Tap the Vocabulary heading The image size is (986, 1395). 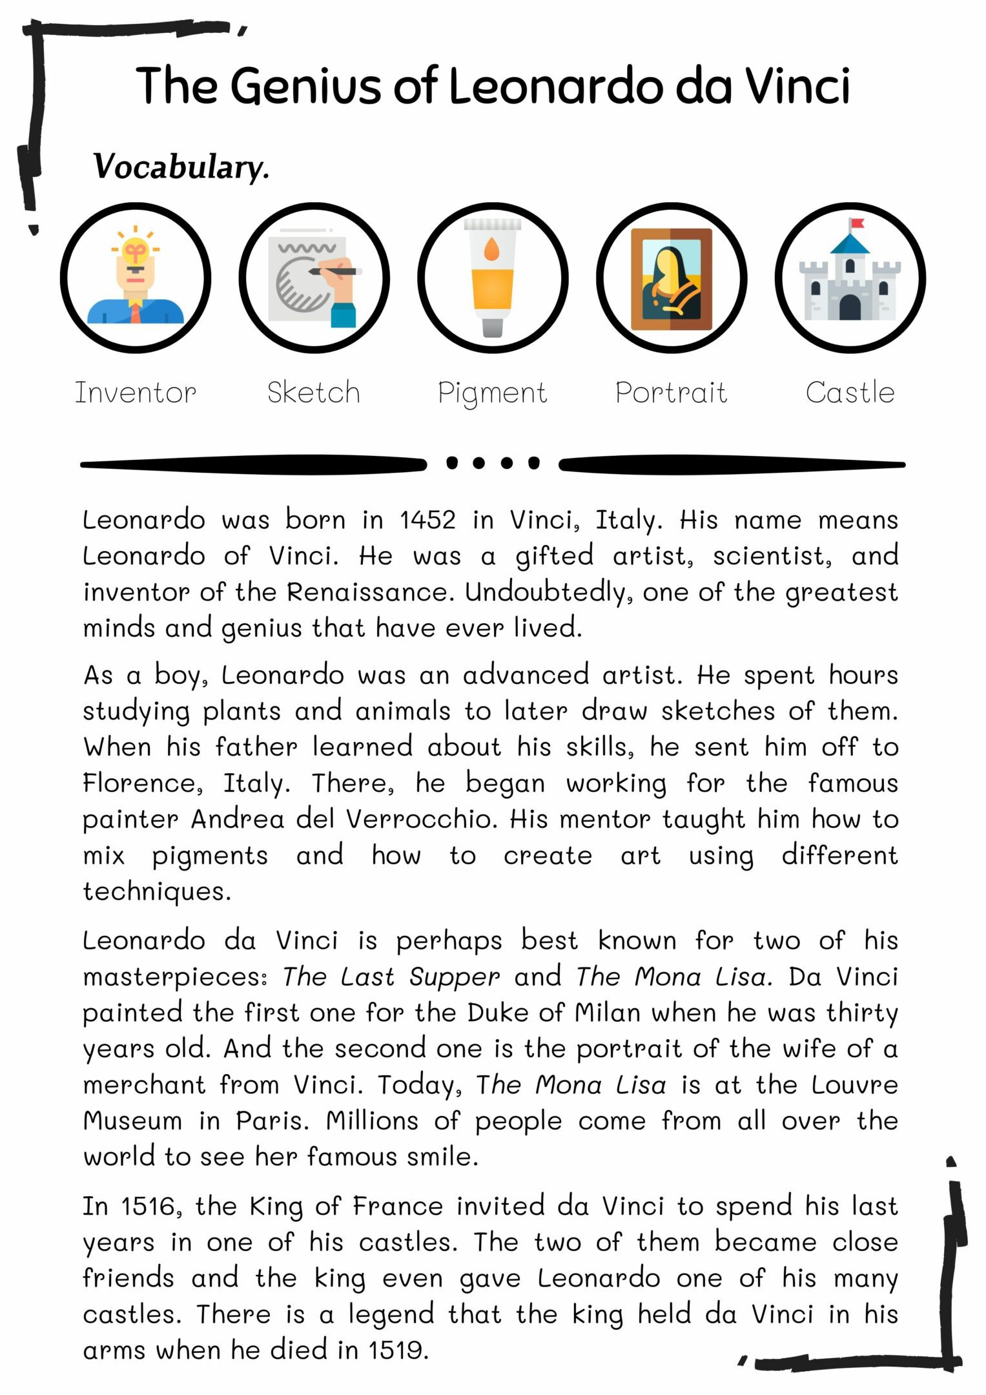pos(181,167)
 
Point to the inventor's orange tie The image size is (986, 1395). pos(136,313)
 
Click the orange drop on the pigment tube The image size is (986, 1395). pos(492,249)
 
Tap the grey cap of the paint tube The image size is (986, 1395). pos(492,327)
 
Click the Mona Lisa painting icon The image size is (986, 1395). pos(671,279)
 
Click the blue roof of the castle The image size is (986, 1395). pos(850,244)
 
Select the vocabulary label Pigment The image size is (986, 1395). pos(492,393)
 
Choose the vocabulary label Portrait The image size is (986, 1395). pos(671,393)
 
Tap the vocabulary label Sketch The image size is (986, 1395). pos(314,393)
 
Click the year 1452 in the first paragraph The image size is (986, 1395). pos(427,520)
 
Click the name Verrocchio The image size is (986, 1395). pos(422,819)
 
